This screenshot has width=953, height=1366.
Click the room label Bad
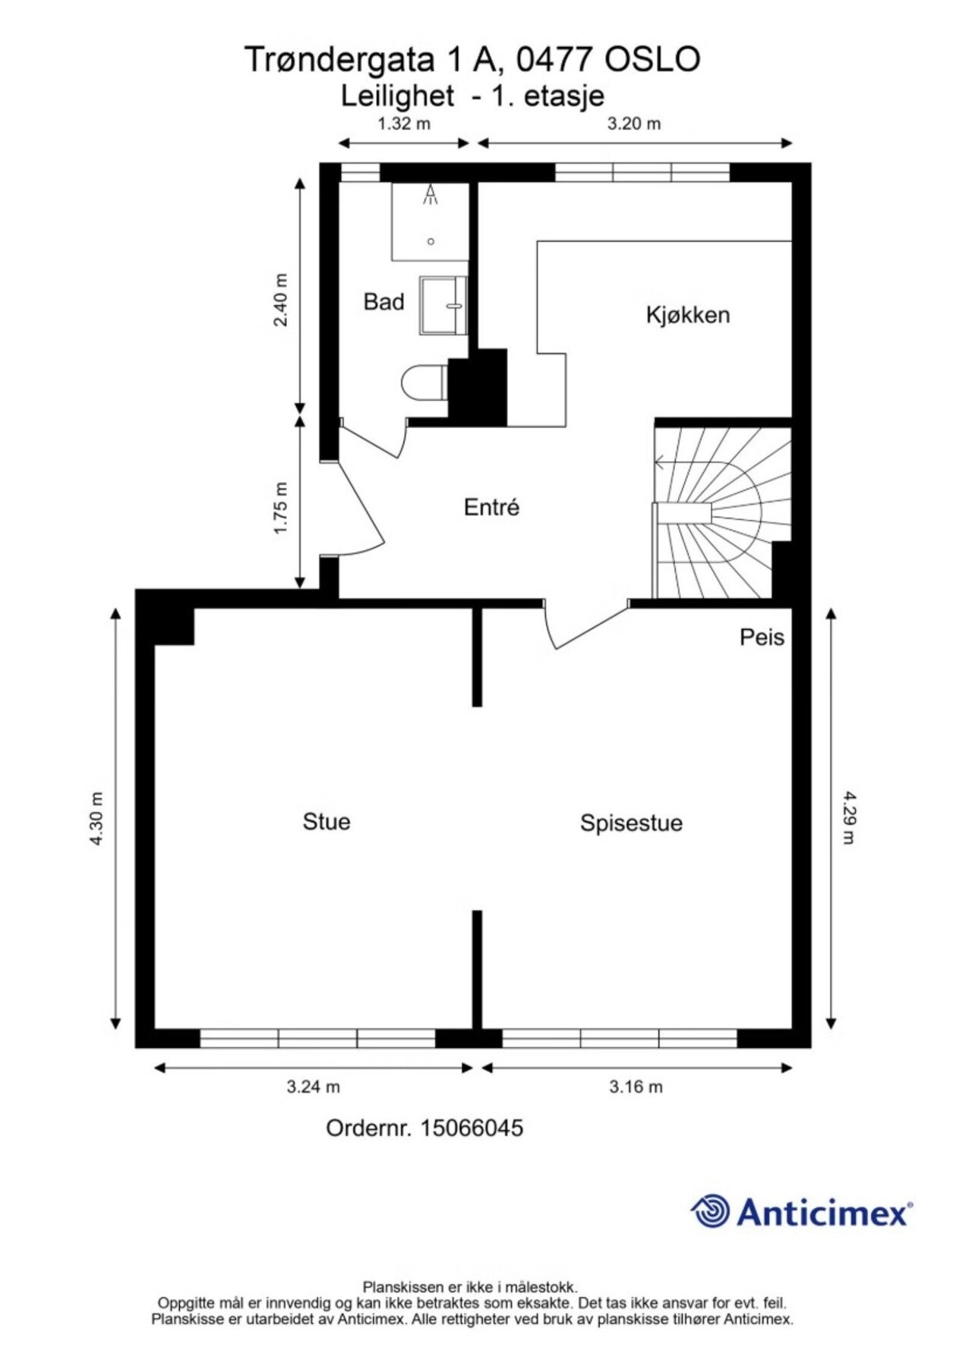click(x=383, y=302)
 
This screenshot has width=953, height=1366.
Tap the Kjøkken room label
click(x=688, y=315)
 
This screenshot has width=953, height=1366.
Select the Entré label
click(x=491, y=507)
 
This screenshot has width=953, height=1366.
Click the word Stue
click(x=327, y=822)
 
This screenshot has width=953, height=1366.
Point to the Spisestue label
click(x=631, y=823)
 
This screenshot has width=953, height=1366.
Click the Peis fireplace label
click(x=762, y=637)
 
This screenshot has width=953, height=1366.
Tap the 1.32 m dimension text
click(x=404, y=124)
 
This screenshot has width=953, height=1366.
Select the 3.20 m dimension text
click(x=634, y=124)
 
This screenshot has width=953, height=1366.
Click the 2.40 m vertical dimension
click(x=281, y=299)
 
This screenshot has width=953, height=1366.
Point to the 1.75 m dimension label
click(x=281, y=508)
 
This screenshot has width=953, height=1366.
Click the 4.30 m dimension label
click(x=96, y=819)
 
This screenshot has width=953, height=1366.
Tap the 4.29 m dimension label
click(x=849, y=817)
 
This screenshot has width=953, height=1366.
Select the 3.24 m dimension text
click(x=313, y=1087)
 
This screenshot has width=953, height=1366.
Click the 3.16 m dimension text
click(x=636, y=1087)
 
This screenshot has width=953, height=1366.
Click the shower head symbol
click(x=431, y=196)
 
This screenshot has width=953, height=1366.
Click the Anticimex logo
click(x=801, y=1212)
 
